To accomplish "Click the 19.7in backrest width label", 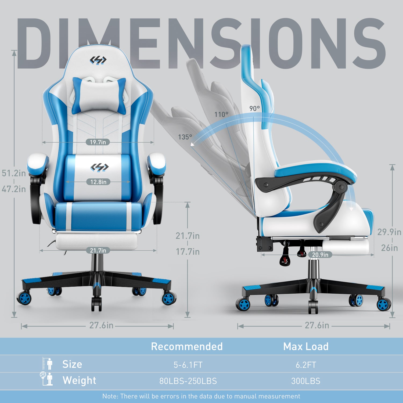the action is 98,142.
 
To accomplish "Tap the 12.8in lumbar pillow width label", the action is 98,182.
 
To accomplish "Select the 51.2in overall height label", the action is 14,173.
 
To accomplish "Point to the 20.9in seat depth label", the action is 320,255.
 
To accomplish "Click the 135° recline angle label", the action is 185,137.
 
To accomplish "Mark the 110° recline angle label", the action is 221,114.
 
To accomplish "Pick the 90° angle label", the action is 255,108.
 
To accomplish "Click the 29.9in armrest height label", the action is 389,232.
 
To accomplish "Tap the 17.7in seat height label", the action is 188,252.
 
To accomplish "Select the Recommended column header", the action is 187,347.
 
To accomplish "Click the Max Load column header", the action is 306,347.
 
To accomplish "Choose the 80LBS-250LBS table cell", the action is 188,381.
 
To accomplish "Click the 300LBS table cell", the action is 306,381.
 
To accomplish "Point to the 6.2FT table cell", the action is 306,365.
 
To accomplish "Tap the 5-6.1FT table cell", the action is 188,365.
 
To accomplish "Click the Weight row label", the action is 79,380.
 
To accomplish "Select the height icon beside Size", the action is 48,364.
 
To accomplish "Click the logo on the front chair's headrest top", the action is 98,60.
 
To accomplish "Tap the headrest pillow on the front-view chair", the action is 99,95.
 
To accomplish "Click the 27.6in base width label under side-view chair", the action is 317,325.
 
